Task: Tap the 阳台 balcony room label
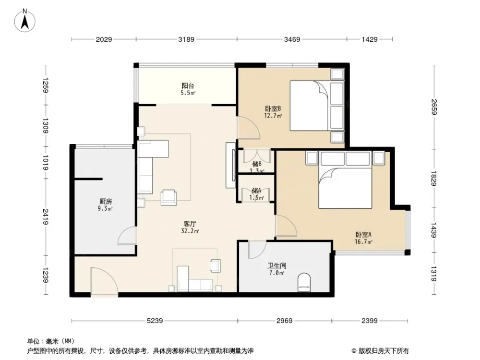(x=187, y=86)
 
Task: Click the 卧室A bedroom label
(x=363, y=235)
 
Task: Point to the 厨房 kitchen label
(x=106, y=202)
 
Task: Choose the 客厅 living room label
(x=191, y=224)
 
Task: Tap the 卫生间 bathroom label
(x=276, y=265)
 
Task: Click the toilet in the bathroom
(x=305, y=282)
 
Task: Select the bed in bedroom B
(x=310, y=105)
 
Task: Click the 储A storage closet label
(x=256, y=191)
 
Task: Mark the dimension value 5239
(x=155, y=321)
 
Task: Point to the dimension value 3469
(x=291, y=39)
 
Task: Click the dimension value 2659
(x=434, y=107)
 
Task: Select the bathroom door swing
(x=256, y=249)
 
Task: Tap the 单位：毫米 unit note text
(x=46, y=341)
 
